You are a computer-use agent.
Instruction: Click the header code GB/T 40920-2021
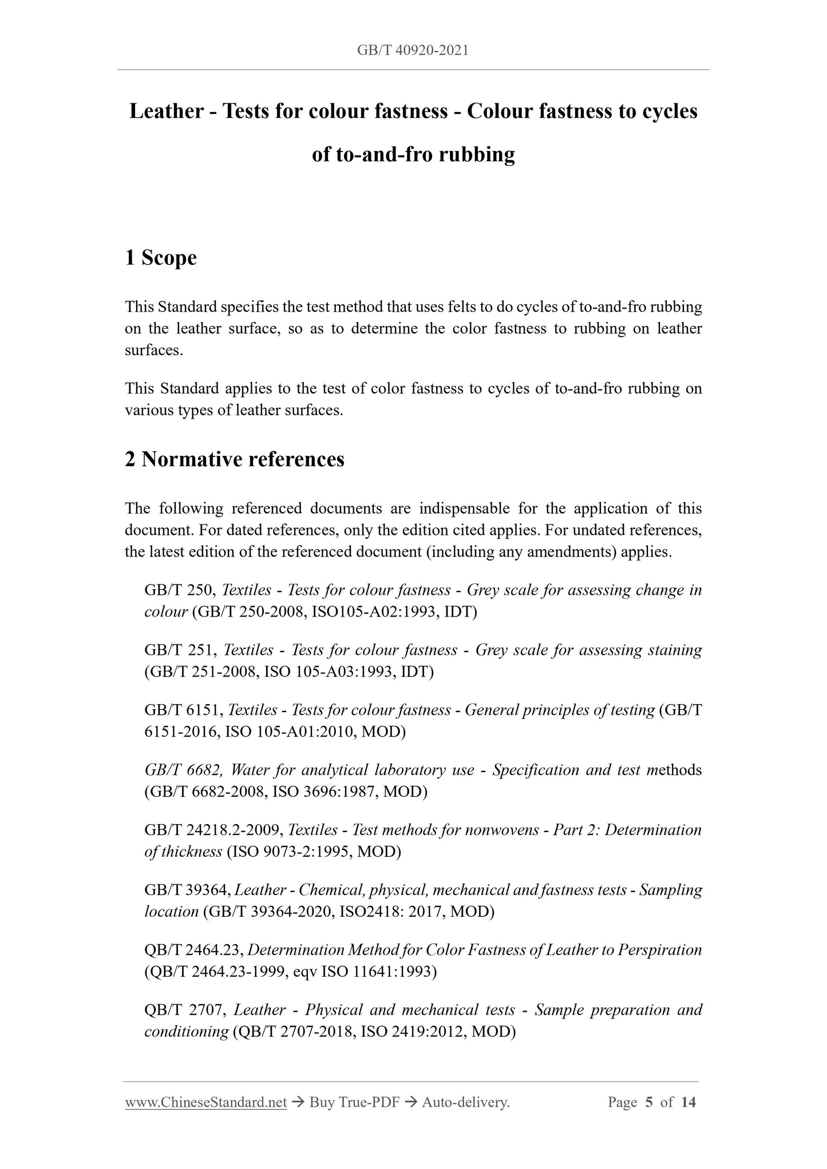413,50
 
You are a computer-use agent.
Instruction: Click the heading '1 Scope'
161,258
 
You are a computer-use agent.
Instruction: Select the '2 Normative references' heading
235,459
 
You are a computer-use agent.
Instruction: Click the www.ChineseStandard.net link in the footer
205,1102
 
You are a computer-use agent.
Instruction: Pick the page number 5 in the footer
648,1102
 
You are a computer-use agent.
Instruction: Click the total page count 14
688,1102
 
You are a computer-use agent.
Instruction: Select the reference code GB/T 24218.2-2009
213,830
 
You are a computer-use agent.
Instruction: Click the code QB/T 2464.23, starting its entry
195,950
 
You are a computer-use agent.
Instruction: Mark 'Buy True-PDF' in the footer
354,1102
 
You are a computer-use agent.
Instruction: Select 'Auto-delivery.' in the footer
465,1102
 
